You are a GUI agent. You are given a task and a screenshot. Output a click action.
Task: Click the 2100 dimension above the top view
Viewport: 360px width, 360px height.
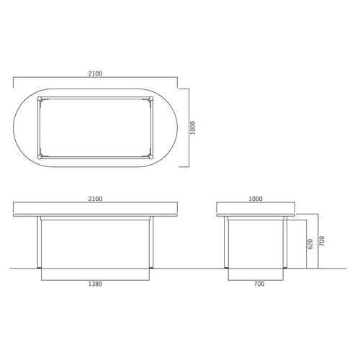coord(95,73)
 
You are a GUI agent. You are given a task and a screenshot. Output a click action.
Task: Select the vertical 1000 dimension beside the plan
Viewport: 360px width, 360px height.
coord(193,127)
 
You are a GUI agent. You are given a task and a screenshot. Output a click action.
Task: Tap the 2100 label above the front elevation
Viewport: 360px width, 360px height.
coord(95,199)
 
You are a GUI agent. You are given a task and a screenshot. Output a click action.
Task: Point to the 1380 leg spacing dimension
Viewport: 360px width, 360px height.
coord(95,284)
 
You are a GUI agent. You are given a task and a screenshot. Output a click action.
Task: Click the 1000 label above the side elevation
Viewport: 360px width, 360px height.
coord(256,199)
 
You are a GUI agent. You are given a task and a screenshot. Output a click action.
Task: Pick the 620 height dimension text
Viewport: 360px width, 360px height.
coord(310,244)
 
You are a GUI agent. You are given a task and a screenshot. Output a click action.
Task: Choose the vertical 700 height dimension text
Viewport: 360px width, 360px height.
coord(322,241)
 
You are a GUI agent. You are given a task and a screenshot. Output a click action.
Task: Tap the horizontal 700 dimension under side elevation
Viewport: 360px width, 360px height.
coord(259,284)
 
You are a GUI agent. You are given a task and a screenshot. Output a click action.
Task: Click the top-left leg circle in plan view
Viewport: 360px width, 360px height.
coord(40,99)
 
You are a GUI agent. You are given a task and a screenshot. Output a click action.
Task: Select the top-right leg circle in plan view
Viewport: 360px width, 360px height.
coord(151,99)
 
